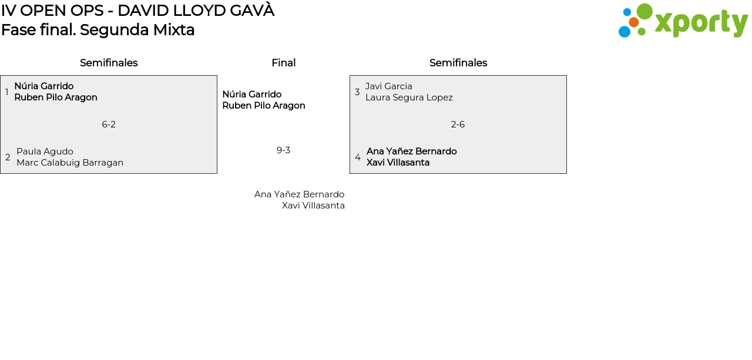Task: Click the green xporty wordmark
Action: (701, 23)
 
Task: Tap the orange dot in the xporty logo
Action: (633, 22)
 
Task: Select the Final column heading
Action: (283, 63)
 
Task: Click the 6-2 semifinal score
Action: (109, 125)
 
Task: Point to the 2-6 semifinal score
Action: (458, 125)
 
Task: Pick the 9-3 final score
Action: (283, 150)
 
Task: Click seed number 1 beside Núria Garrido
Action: (6, 92)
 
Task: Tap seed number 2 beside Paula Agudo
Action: (8, 157)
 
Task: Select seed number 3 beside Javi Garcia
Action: (357, 92)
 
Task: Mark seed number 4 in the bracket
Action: (357, 157)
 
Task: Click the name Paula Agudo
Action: (45, 152)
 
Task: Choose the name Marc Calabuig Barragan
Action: (70, 163)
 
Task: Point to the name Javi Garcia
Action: (388, 86)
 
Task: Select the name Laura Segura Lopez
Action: (409, 97)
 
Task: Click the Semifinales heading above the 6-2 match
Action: (109, 63)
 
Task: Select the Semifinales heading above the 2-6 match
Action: (458, 63)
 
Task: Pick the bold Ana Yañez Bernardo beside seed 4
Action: (411, 152)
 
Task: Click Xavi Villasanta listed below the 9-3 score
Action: (313, 206)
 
